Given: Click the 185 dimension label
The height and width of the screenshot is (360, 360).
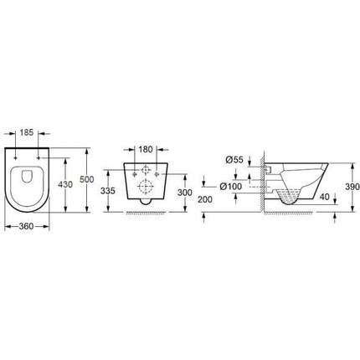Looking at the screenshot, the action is point(27,132).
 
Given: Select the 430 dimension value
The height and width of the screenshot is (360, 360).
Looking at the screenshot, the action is point(65,184).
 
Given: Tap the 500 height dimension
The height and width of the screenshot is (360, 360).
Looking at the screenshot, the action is point(87,179).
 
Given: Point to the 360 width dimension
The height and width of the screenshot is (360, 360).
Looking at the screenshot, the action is point(27,226).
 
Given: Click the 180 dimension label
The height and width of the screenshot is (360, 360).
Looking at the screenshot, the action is point(146,149).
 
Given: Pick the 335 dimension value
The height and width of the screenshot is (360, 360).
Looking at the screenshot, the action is point(108,191).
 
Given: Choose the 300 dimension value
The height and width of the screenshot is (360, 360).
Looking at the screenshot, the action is point(185,193).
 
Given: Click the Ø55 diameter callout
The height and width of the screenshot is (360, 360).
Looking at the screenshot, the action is point(234,160).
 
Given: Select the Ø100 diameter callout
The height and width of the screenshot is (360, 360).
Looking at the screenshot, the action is point(230,186).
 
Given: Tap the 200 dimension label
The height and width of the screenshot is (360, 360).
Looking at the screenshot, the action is point(205,199).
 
